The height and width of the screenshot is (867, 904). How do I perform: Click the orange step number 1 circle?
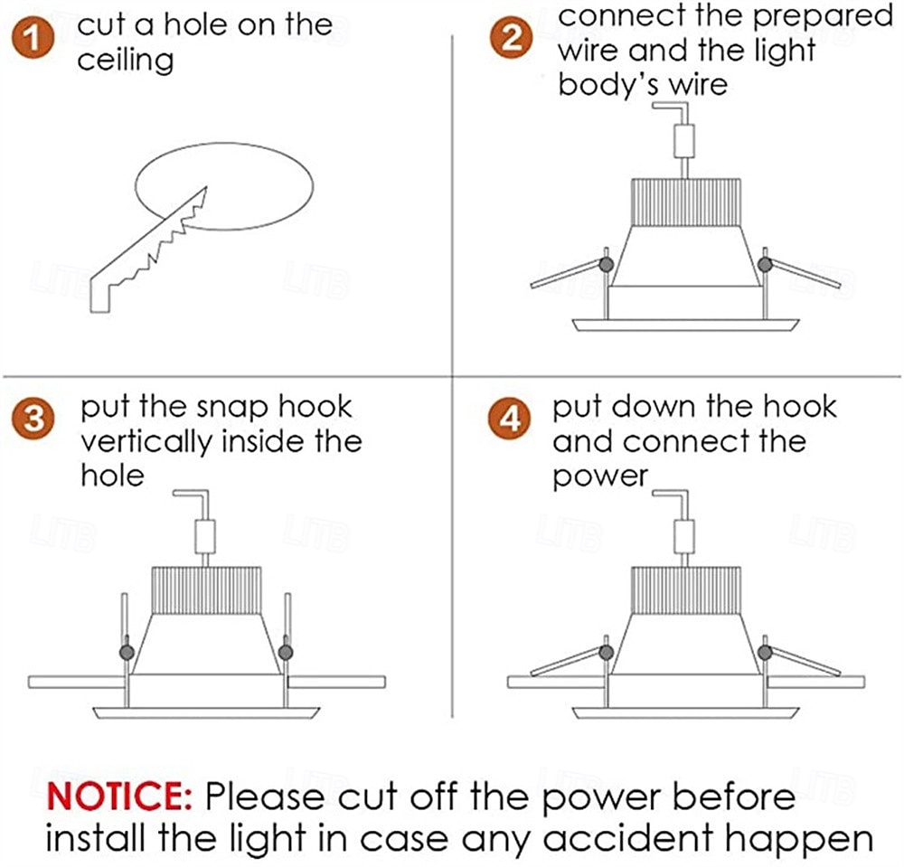coord(33,38)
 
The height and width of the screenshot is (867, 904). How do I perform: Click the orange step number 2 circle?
coord(511,38)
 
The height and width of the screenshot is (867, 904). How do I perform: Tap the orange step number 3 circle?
coord(33,418)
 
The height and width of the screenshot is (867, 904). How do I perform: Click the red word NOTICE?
coord(119,796)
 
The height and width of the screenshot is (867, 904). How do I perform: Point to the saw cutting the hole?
coord(149,250)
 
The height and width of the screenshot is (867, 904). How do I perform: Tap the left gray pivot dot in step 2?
coord(606,265)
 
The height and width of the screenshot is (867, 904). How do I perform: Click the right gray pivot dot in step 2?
coord(765,265)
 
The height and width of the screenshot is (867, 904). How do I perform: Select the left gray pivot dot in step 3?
coord(127,653)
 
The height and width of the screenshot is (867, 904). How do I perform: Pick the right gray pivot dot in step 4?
coord(765,653)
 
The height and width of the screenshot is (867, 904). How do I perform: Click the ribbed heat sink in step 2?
coord(686,203)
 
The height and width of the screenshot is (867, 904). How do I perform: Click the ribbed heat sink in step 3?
coord(206,590)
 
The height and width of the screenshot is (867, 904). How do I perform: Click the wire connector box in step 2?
coord(684,141)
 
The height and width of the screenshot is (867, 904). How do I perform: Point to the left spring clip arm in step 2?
coord(566,275)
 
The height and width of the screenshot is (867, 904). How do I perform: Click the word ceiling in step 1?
coord(126,61)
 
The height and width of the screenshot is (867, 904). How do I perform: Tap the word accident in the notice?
coord(628,839)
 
